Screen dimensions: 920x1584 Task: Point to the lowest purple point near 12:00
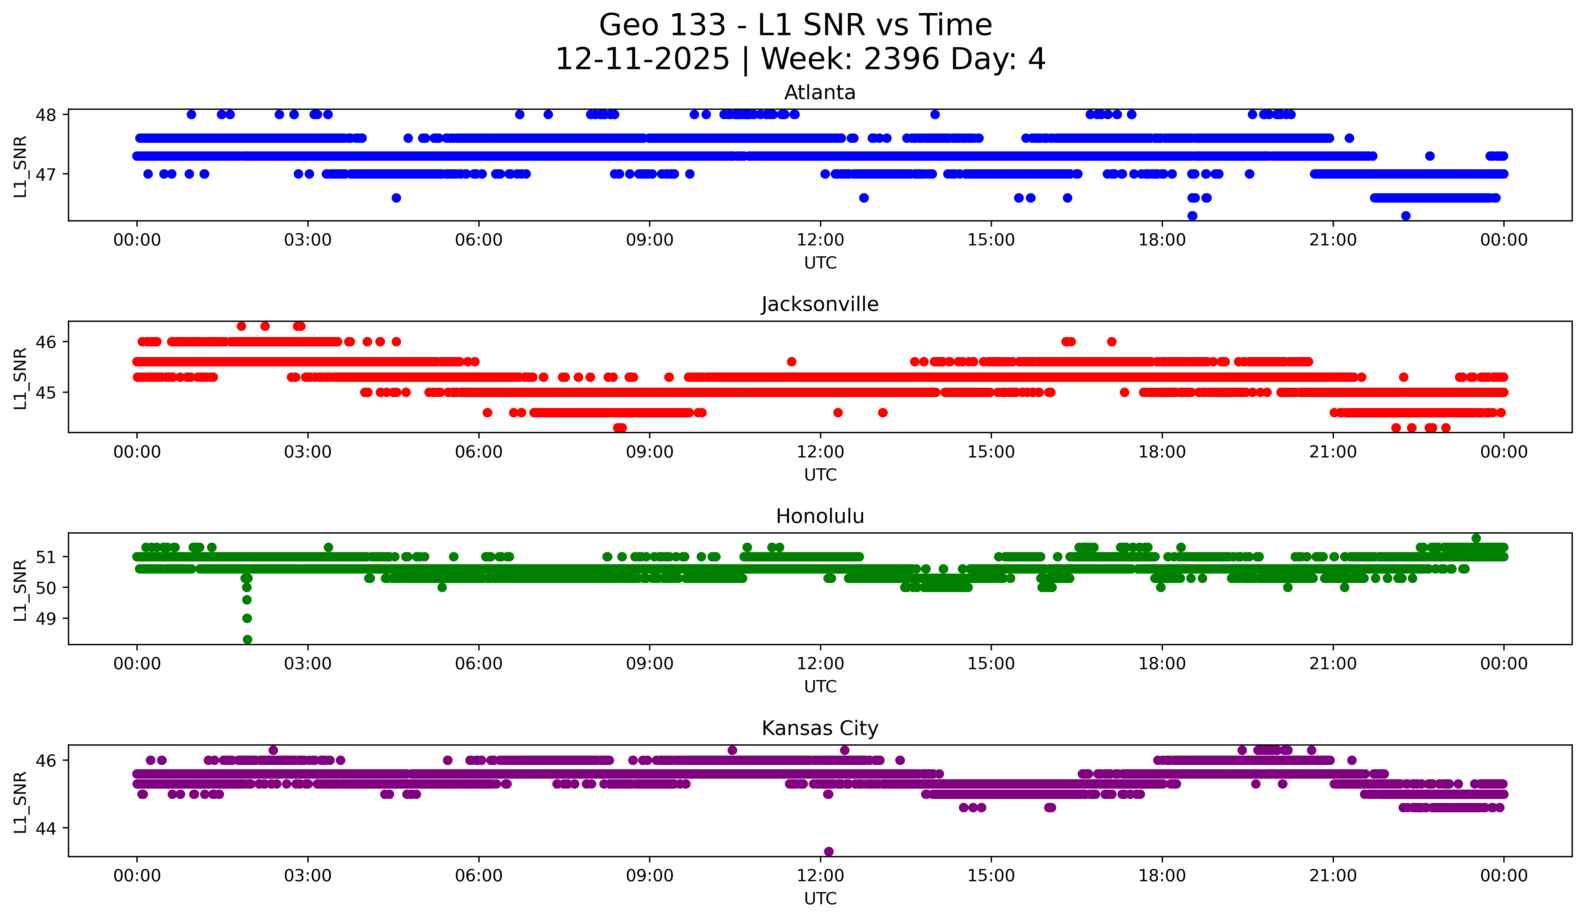pyautogui.click(x=829, y=851)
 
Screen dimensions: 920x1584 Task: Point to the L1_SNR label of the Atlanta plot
pyautogui.click(x=20, y=167)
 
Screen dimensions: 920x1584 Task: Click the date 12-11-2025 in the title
pyautogui.click(x=642, y=59)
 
